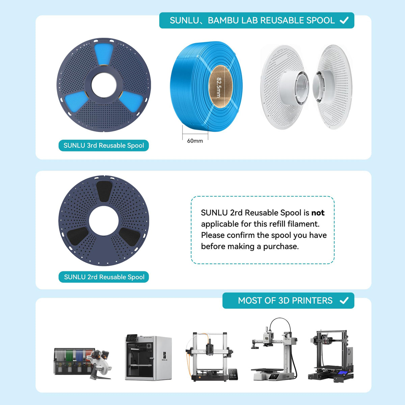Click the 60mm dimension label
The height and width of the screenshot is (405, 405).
(195, 141)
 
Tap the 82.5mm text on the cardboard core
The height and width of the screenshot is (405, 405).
(219, 87)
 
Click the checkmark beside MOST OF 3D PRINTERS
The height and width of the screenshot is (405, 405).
(344, 300)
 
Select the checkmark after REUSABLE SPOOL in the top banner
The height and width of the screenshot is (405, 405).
(344, 20)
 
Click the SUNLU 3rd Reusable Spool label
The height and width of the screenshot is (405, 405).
(104, 145)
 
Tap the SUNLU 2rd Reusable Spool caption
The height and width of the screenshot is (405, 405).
(104, 277)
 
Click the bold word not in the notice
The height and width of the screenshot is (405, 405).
(318, 213)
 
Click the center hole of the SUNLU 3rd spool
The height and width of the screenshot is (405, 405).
(104, 85)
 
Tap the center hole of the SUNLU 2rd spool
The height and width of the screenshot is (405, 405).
(104, 221)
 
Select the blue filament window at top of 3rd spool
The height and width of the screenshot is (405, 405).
(104, 54)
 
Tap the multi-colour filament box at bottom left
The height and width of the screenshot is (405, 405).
(74, 361)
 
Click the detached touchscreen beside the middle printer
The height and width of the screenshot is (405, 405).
(233, 374)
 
